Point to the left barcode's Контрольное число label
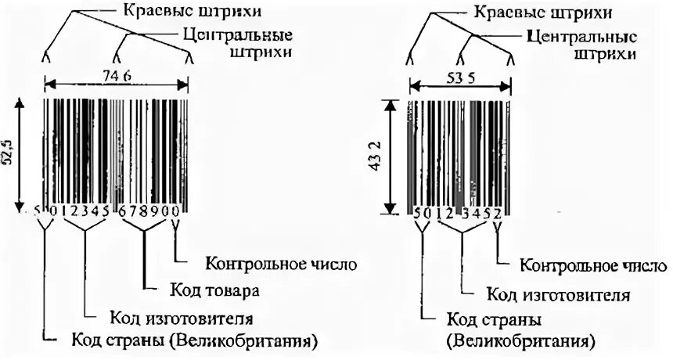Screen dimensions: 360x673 click(x=280, y=262)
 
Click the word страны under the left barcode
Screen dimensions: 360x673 click(x=129, y=341)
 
